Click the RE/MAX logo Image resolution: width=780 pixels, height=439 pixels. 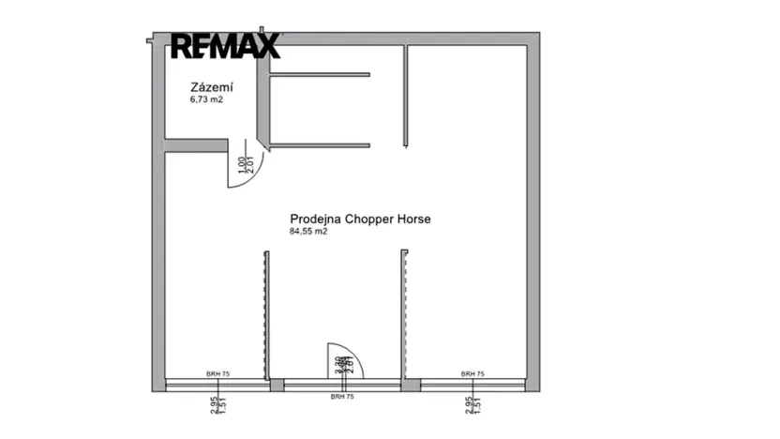click(x=225, y=46)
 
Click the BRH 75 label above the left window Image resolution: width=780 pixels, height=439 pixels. click(x=218, y=374)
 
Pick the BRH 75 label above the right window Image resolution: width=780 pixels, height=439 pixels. click(x=472, y=374)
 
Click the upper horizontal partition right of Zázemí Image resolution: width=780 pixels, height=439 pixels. click(x=320, y=74)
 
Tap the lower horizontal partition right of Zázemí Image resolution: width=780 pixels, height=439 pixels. click(x=320, y=144)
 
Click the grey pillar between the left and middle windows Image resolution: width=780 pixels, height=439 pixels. click(x=277, y=384)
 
